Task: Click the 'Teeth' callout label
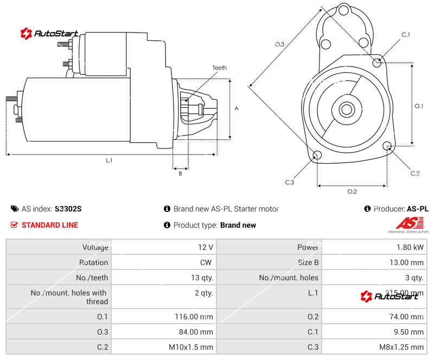[x=219, y=68]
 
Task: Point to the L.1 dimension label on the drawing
[x=109, y=160]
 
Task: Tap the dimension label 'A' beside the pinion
[x=237, y=108]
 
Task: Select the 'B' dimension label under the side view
[x=180, y=173]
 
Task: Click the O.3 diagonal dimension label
[x=279, y=44]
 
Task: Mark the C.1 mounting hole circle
[x=378, y=62]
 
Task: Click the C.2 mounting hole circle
[x=387, y=146]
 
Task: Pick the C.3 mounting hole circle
[x=317, y=156]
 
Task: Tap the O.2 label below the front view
[x=352, y=191]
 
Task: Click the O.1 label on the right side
[x=419, y=106]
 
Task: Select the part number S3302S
[x=68, y=209]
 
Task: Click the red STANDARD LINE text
[x=49, y=225]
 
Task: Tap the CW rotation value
[x=207, y=262]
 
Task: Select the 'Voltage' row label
[x=95, y=247]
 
